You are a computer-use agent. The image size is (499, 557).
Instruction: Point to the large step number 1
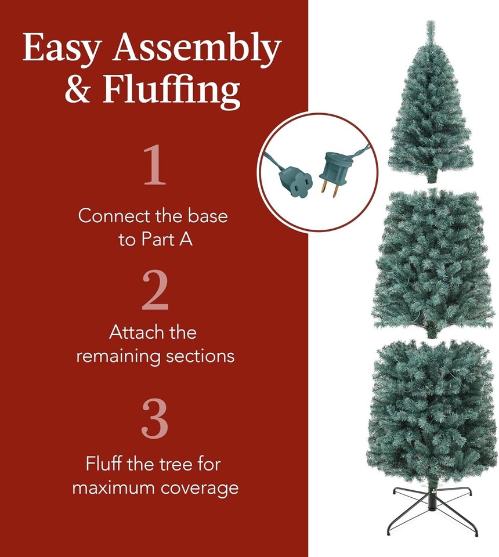(x=155, y=166)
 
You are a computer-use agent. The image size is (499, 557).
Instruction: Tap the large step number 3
(x=155, y=418)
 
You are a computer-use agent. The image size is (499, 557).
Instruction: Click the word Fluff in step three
(x=104, y=464)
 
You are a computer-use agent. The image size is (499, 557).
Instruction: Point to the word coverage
(x=201, y=487)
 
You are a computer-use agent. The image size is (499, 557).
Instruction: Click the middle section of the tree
(x=432, y=261)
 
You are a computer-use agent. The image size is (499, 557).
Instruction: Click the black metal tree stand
(x=432, y=508)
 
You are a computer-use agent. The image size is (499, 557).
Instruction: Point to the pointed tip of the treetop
(x=430, y=24)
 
